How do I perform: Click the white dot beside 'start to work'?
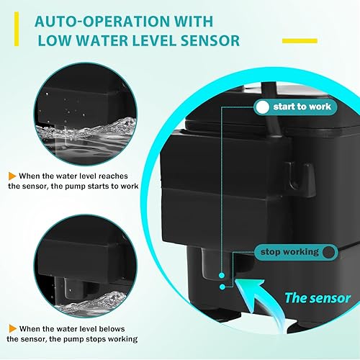point(262,107)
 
